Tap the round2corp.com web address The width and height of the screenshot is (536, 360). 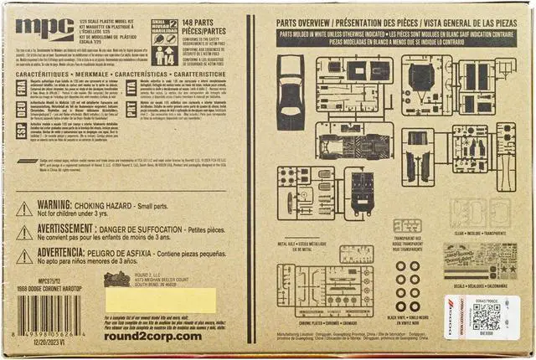pos(155,336)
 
